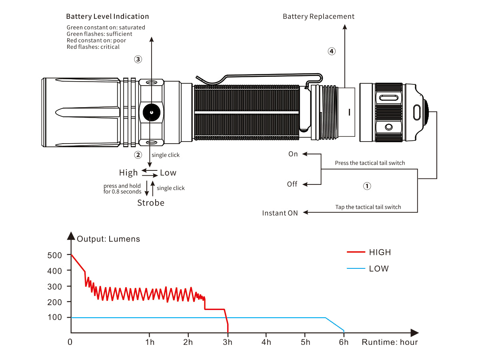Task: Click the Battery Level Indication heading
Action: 107,16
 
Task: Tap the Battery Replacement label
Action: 318,16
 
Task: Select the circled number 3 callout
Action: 138,59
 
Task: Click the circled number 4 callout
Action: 331,51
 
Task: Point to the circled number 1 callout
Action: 367,186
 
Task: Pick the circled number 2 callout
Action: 138,154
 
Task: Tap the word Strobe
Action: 151,203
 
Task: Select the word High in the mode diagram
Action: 128,173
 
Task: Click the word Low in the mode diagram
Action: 168,173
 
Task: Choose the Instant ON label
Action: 280,213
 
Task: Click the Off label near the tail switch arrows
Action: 292,184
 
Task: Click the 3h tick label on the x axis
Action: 228,342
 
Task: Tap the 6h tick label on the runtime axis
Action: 344,342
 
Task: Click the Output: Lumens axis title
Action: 108,239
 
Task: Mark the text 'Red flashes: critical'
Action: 93,47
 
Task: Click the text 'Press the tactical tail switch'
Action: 370,163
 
